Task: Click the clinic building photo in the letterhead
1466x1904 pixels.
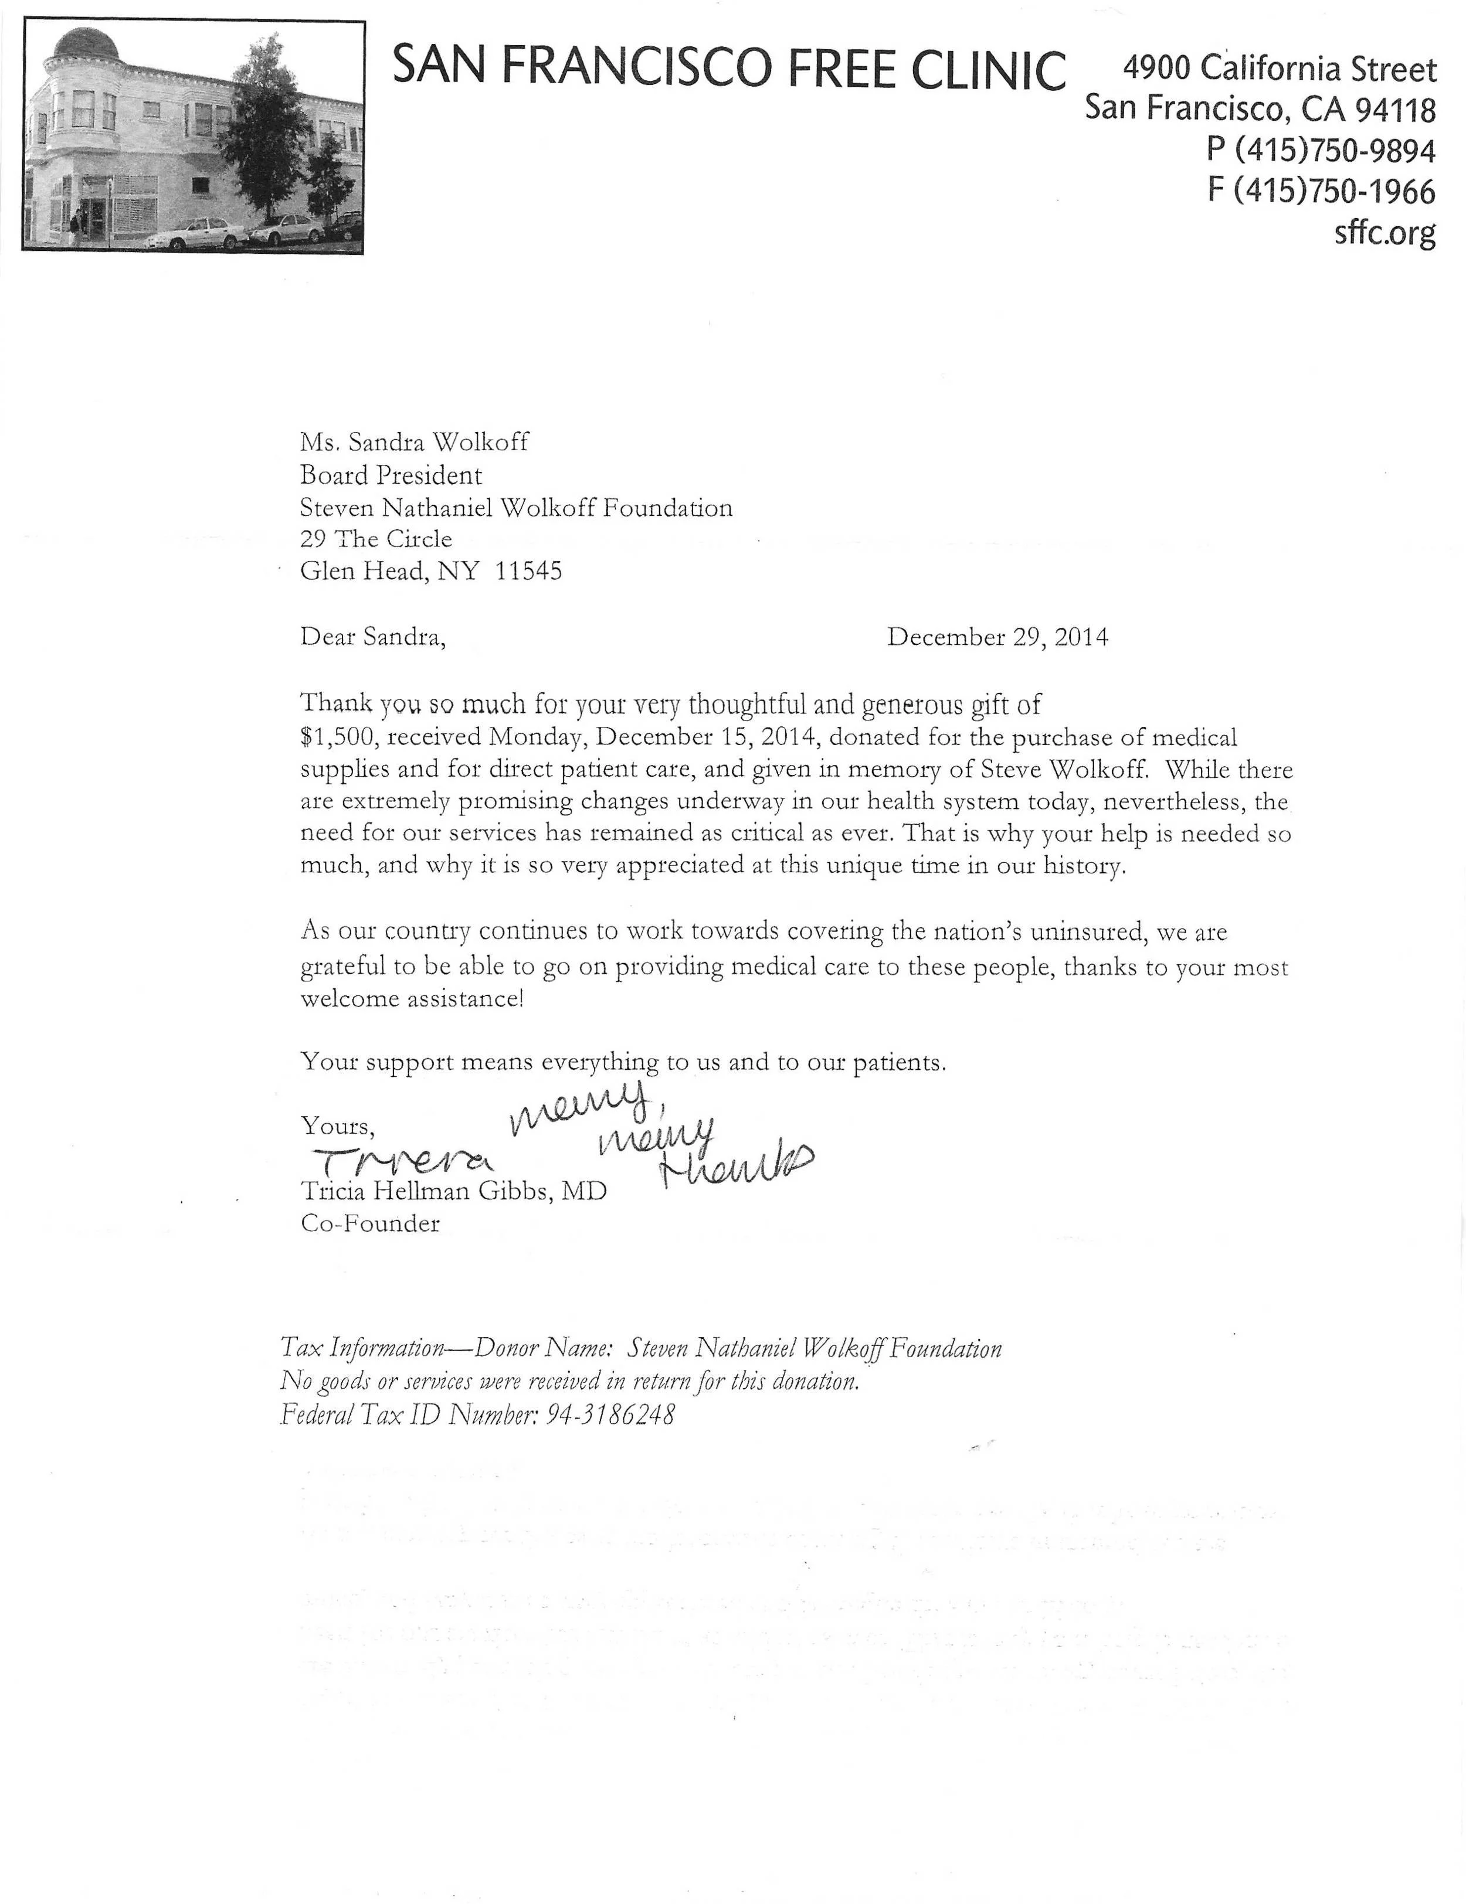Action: pyautogui.click(x=193, y=137)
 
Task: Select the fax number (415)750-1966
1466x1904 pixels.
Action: pyautogui.click(x=1334, y=191)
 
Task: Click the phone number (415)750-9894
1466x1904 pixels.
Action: pyautogui.click(x=1334, y=150)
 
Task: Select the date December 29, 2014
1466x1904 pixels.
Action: pyautogui.click(x=997, y=637)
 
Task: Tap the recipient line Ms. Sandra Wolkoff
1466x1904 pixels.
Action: pyautogui.click(x=414, y=442)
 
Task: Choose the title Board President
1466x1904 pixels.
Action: pyautogui.click(x=391, y=475)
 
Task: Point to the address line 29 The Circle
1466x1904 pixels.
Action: pyautogui.click(x=376, y=539)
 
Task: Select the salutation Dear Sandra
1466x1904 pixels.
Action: pyautogui.click(x=372, y=637)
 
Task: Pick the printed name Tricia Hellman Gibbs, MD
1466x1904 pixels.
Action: pyautogui.click(x=453, y=1191)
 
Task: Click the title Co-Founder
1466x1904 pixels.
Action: pyautogui.click(x=370, y=1224)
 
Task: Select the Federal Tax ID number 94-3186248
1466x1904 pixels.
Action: pyautogui.click(x=610, y=1414)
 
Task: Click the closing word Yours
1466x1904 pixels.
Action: pyautogui.click(x=338, y=1126)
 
